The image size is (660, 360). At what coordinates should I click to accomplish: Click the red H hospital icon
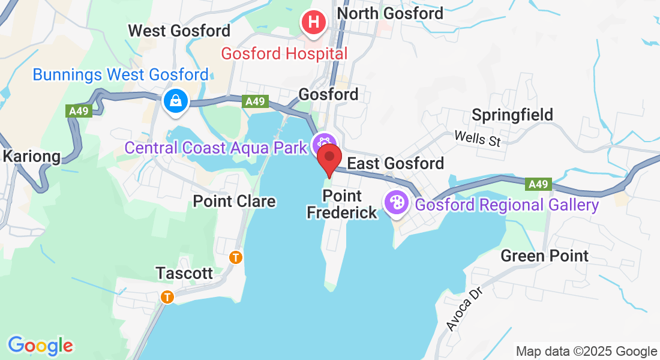tap(313, 23)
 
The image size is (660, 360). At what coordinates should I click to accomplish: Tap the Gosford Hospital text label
tap(284, 53)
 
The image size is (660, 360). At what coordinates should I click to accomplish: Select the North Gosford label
tap(390, 13)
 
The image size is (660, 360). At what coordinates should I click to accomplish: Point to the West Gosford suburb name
tap(179, 31)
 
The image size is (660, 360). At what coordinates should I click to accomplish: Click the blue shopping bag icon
tap(176, 101)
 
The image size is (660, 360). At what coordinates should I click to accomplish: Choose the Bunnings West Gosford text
tap(121, 75)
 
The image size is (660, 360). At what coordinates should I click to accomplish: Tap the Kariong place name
tap(32, 157)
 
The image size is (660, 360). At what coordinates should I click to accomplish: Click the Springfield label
tap(512, 115)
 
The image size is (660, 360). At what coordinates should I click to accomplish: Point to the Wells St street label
tap(477, 138)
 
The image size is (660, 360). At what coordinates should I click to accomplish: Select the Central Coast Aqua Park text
tap(216, 148)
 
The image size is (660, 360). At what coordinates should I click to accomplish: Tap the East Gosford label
tap(396, 163)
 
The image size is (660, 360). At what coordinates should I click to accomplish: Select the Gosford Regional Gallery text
tap(507, 205)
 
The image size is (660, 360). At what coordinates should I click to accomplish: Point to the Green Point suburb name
tap(545, 256)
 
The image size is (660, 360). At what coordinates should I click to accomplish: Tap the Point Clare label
tap(235, 202)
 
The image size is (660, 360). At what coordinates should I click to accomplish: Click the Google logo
tap(40, 346)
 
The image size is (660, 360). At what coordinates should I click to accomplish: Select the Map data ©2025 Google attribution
tap(587, 352)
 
